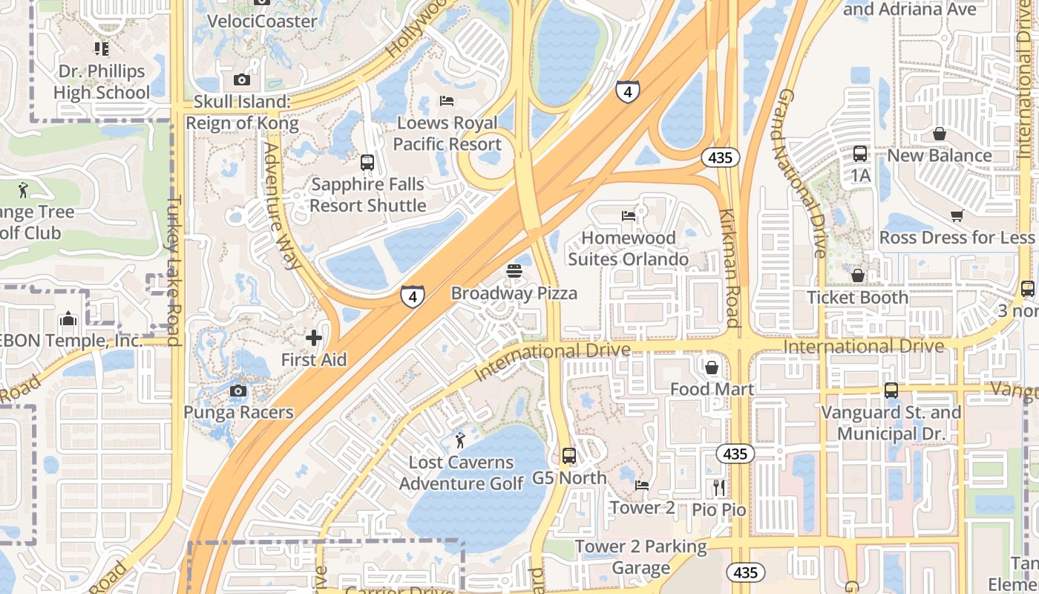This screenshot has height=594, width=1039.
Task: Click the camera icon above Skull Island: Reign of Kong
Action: point(241,80)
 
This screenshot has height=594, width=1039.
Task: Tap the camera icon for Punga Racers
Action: point(238,391)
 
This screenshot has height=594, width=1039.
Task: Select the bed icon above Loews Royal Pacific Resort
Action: point(446,101)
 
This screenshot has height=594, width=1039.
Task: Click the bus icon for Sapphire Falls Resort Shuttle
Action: point(367,163)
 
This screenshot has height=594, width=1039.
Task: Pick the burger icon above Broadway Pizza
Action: point(514,272)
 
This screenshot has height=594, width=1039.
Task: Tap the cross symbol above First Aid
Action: point(314,339)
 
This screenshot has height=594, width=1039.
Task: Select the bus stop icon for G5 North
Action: point(569,456)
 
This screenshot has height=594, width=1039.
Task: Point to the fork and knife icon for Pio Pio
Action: point(718,488)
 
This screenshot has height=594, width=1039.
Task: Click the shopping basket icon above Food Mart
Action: point(712,368)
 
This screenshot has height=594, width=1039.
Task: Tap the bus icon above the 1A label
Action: point(860,154)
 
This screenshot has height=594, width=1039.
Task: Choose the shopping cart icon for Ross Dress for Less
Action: point(957,216)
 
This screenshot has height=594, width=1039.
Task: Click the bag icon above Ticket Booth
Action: point(858,275)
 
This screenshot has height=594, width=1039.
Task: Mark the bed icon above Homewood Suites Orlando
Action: point(629,216)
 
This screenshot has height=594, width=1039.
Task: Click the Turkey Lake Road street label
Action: point(174,271)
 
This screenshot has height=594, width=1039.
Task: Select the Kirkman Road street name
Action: point(729,267)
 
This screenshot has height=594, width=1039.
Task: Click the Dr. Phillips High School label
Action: point(102,82)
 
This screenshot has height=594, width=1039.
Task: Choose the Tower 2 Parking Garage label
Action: point(641,558)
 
